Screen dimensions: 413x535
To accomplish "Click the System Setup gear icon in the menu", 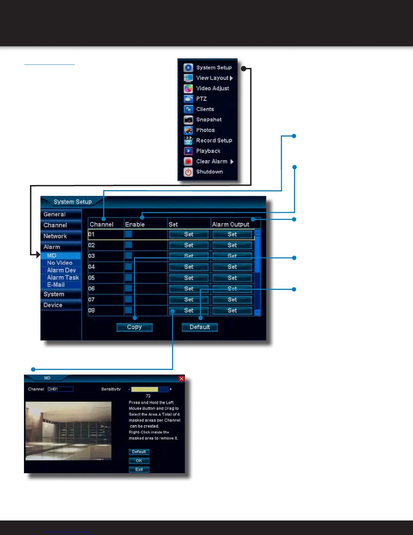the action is (x=188, y=68).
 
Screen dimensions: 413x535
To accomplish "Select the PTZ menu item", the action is (x=201, y=99).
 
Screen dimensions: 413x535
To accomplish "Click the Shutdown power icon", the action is (x=188, y=172).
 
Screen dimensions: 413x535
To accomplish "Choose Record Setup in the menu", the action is (x=214, y=141).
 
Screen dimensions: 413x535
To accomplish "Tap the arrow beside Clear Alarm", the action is (x=232, y=161).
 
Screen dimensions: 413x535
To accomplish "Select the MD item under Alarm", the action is (x=52, y=256).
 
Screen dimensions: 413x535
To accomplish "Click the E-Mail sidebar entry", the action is (x=56, y=285).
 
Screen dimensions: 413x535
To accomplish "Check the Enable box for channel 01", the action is (x=129, y=234).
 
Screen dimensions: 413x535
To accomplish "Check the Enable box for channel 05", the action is (x=129, y=278).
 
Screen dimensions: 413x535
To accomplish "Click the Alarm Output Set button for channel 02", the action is (x=232, y=245).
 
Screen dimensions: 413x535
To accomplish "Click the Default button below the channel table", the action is (x=199, y=327).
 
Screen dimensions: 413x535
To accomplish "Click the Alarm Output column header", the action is (x=231, y=224).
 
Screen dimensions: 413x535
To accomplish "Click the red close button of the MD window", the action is (x=182, y=379).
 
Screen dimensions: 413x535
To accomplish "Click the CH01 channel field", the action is (x=60, y=389).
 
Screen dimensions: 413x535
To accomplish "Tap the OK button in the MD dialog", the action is (x=139, y=461).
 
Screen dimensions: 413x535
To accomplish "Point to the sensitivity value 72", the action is (x=148, y=396).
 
